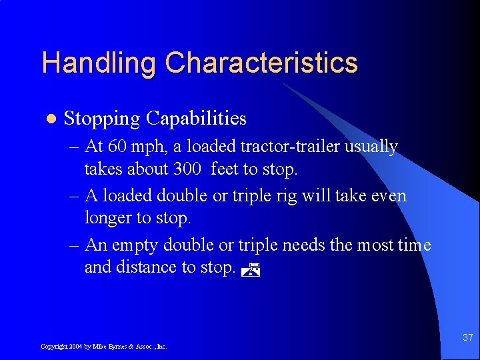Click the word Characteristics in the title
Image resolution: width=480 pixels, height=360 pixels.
click(x=261, y=63)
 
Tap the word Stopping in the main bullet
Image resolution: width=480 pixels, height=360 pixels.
click(x=102, y=119)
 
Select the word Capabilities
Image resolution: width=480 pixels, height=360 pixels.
click(x=196, y=119)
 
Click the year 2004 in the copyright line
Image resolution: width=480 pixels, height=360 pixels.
click(x=75, y=347)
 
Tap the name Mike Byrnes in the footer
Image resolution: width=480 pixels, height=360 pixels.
click(x=108, y=347)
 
